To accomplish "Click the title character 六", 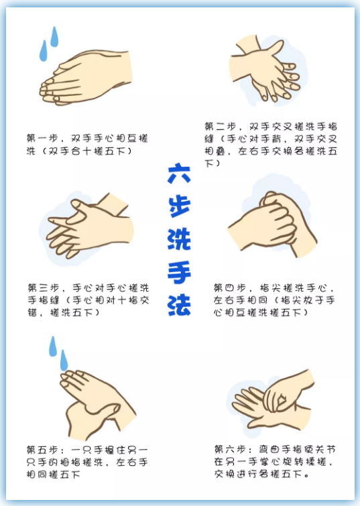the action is (179, 174).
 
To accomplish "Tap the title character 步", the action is (180, 206).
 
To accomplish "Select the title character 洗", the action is (179, 239).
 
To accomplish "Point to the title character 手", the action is (179, 272).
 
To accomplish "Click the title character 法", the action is (179, 305).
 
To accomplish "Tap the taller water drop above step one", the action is (54, 36).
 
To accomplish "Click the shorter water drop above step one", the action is (44, 51).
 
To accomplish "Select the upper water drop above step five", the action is (53, 346).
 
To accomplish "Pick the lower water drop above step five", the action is (64, 360).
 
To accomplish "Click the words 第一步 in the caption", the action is (42, 139).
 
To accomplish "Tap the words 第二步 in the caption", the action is (221, 126).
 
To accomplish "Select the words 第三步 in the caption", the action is (44, 288).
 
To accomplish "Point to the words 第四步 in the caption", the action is (229, 288).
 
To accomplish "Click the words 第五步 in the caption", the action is (42, 450).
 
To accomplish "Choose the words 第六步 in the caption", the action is (230, 449).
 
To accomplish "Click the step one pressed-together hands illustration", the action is (86, 78).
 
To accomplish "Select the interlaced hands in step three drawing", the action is (88, 227).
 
